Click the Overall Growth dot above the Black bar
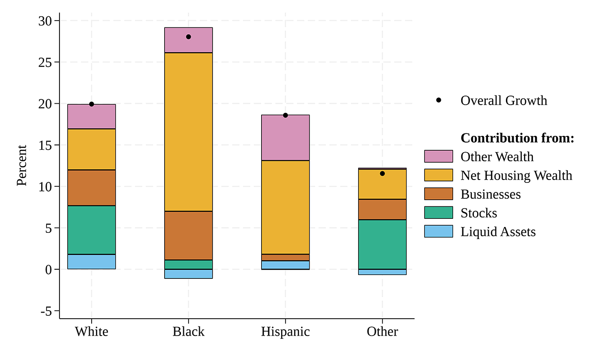[x=188, y=37]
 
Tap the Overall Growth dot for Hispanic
[x=285, y=115]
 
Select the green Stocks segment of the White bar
[x=91, y=230]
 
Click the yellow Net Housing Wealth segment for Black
[x=188, y=132]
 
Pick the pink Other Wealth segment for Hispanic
[x=285, y=138]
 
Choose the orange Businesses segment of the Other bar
[x=382, y=209]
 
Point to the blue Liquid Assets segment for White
[x=91, y=262]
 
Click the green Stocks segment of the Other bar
[x=382, y=244]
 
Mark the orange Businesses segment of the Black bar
[x=188, y=236]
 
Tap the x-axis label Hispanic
[x=285, y=332]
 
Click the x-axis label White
[x=91, y=332]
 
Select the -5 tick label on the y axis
[x=46, y=311]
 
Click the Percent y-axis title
[x=22, y=166]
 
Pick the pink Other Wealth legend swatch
[x=438, y=156]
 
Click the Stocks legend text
[x=479, y=213]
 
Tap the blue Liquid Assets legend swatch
[x=438, y=232]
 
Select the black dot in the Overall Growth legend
[x=438, y=100]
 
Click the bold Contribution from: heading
[x=517, y=138]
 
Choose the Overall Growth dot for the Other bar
[x=382, y=173]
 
